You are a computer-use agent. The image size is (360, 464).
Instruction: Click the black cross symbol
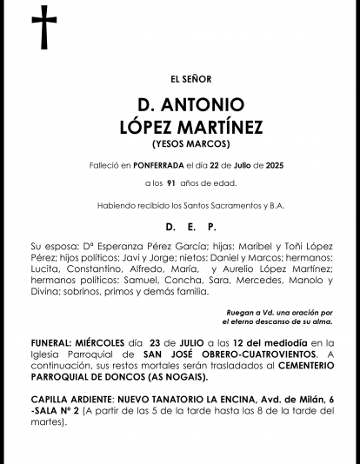point(43,28)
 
